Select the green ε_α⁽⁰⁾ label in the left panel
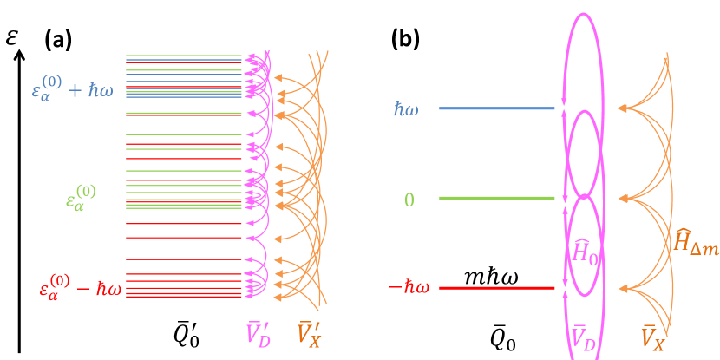[80, 198]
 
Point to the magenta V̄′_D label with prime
[259, 335]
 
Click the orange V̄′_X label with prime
[310, 335]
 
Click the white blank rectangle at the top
[219, 24]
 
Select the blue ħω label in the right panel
[405, 109]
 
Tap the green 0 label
[409, 200]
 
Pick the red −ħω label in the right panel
[409, 287]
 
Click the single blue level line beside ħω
[496, 108]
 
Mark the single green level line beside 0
[496, 198]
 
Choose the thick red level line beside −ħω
[496, 287]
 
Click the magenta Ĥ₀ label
[586, 252]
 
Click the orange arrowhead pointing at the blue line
[621, 108]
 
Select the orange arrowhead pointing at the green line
[621, 198]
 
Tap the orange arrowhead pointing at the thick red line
[621, 287]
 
